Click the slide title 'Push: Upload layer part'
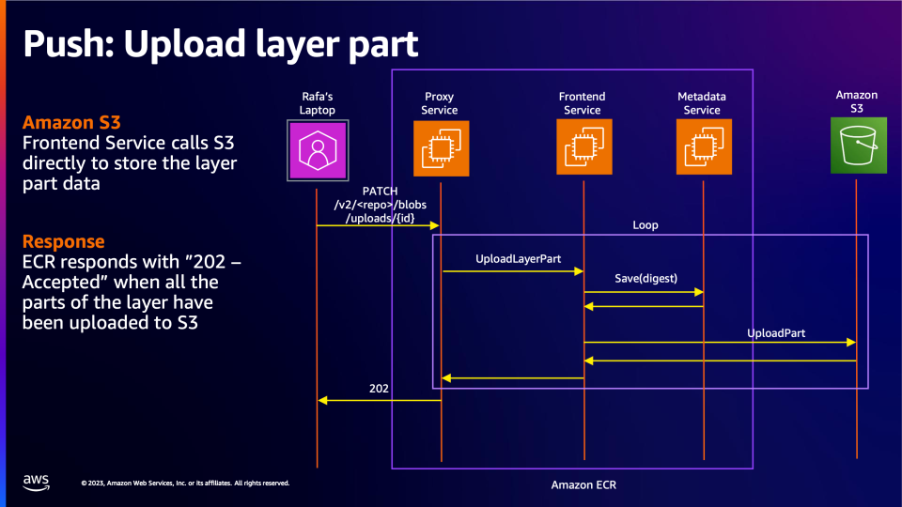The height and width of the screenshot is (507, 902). pyautogui.click(x=221, y=44)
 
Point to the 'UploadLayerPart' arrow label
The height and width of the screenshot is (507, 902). pyautogui.click(x=512, y=257)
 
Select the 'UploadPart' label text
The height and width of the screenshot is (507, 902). pyautogui.click(x=776, y=333)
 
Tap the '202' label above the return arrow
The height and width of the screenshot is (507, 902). pyautogui.click(x=379, y=388)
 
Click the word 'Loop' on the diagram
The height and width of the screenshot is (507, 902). pyautogui.click(x=645, y=225)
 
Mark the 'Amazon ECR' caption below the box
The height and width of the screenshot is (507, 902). pyautogui.click(x=583, y=484)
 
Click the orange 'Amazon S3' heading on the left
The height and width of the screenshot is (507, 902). pyautogui.click(x=70, y=123)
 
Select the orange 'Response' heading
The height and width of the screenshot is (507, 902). pyautogui.click(x=63, y=240)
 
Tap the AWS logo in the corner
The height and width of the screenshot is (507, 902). pyautogui.click(x=37, y=483)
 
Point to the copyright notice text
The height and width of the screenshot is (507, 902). pyautogui.click(x=185, y=484)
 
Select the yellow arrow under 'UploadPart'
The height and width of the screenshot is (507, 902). pyautogui.click(x=720, y=343)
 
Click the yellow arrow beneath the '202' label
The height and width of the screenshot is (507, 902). pyautogui.click(x=379, y=400)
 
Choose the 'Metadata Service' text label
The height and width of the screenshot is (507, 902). pyautogui.click(x=702, y=103)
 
